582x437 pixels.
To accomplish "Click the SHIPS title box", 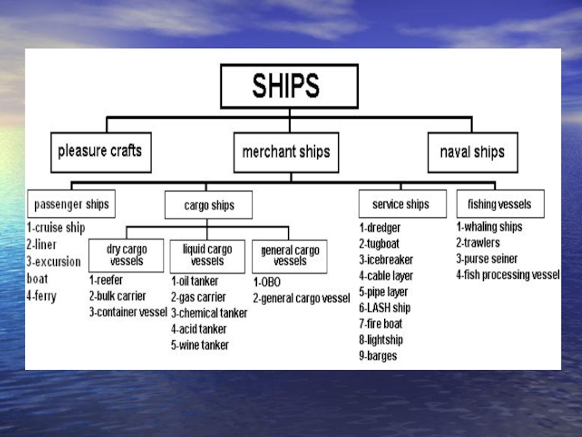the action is click(289, 87).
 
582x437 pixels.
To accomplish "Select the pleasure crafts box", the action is click(100, 152).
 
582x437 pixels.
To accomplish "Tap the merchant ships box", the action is click(286, 152).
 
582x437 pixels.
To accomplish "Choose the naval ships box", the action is click(472, 153).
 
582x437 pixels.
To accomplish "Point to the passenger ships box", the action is click(71, 204).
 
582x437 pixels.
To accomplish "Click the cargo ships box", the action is click(209, 205).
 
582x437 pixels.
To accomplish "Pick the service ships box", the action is click(400, 204).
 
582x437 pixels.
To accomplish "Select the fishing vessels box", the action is click(499, 204).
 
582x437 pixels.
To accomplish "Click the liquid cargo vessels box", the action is click(207, 255).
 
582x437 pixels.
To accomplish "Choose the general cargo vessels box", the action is click(290, 256).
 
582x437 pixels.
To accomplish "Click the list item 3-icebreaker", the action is click(386, 260).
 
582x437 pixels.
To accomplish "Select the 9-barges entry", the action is click(378, 356).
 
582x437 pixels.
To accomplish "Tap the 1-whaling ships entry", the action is click(489, 227).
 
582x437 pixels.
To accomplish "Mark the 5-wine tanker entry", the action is click(199, 345).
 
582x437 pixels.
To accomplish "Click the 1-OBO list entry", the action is click(267, 282).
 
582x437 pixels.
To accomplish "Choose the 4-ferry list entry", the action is click(41, 296).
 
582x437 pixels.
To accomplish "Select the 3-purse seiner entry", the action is click(487, 259).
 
